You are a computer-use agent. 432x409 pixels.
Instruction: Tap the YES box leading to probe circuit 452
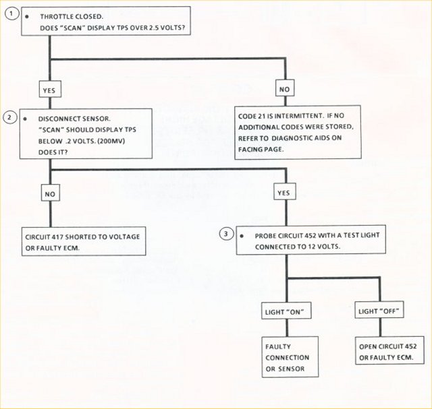coord(283,193)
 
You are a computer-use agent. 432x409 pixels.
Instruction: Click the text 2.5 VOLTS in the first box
coord(161,28)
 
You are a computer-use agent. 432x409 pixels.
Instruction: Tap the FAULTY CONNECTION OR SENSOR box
coord(288,356)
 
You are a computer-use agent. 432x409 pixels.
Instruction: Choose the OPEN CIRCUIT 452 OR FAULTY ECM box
coord(384,351)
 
